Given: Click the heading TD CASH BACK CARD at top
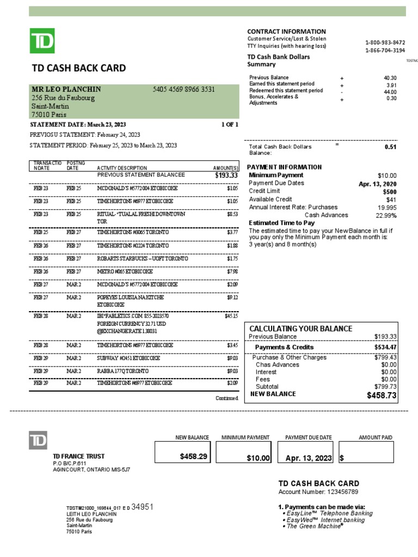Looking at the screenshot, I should (79, 68).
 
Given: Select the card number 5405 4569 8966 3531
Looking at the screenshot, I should (183, 89).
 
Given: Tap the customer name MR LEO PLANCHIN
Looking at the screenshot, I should (66, 89).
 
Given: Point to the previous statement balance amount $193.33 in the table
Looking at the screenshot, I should (226, 176).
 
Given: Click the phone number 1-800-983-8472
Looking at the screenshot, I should (385, 42).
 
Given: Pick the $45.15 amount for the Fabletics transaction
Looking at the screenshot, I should (231, 315).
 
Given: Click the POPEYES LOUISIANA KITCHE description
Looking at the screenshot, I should (130, 298).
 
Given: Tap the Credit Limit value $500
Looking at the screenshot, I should (389, 191).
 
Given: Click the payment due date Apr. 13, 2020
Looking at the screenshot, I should (378, 184).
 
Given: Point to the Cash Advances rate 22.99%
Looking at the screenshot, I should (386, 215).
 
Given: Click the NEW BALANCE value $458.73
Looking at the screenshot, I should (382, 395).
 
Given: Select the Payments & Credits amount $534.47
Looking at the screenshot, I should (385, 347).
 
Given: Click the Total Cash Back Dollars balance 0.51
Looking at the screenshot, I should (390, 147).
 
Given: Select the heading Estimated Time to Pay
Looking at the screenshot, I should (281, 223).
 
